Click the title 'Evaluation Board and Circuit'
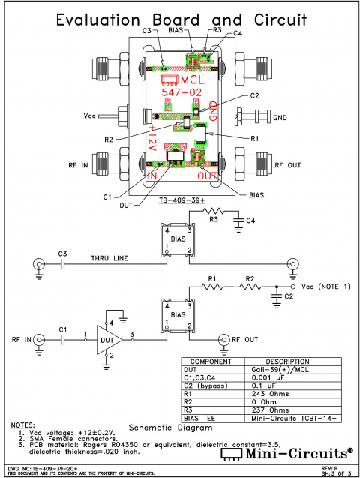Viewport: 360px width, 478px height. coord(179,20)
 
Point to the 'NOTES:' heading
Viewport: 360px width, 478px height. coord(22,425)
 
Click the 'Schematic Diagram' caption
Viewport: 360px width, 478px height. coord(170,428)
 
